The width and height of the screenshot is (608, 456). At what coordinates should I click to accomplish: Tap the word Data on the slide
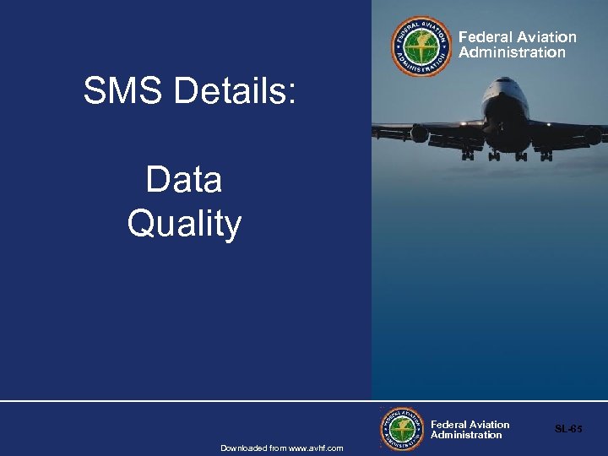click(x=184, y=180)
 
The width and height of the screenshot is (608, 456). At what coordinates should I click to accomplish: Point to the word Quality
click(x=184, y=225)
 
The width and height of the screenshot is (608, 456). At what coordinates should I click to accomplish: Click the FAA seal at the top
click(x=421, y=46)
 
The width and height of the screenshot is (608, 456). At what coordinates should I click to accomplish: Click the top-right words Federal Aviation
click(x=517, y=37)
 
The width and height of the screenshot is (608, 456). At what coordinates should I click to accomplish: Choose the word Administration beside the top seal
click(x=512, y=52)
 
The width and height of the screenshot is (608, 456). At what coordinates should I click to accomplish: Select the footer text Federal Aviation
click(x=470, y=425)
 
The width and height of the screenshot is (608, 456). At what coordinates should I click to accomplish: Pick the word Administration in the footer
click(x=466, y=436)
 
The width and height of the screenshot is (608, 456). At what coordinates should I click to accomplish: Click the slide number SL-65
click(x=568, y=429)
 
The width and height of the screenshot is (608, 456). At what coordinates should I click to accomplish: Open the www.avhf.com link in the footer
click(x=316, y=448)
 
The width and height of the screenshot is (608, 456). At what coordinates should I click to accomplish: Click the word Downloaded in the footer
click(x=242, y=448)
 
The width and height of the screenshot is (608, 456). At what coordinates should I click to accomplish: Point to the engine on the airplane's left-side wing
click(x=420, y=133)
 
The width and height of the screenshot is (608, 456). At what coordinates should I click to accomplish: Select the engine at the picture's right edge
click(x=594, y=135)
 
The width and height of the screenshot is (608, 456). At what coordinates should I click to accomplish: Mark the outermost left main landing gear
click(x=467, y=155)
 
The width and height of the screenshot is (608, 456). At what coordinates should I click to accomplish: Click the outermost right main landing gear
click(x=546, y=155)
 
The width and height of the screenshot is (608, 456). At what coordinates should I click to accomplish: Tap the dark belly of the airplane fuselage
click(x=508, y=127)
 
